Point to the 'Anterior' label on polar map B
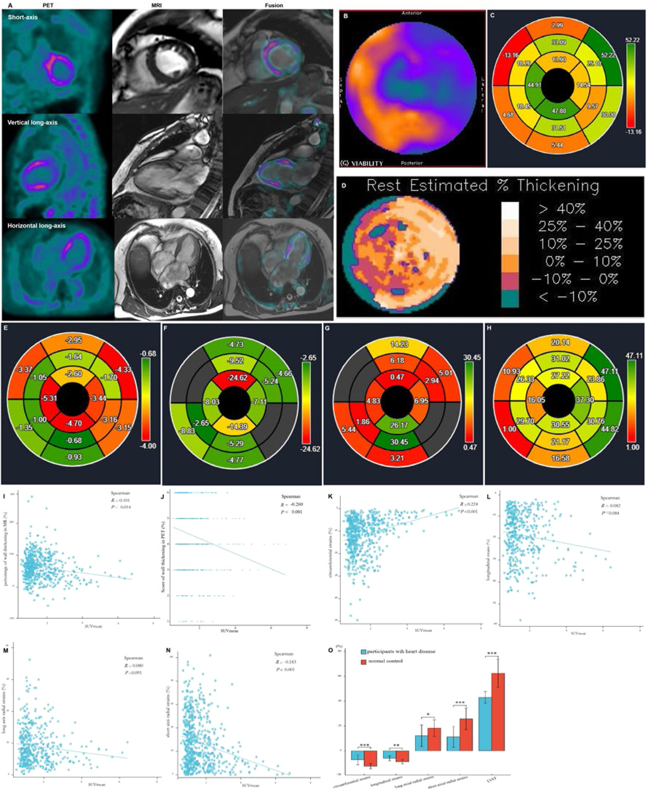click(412, 13)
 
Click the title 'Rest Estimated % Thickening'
click(483, 186)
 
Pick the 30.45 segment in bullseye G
click(399, 442)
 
